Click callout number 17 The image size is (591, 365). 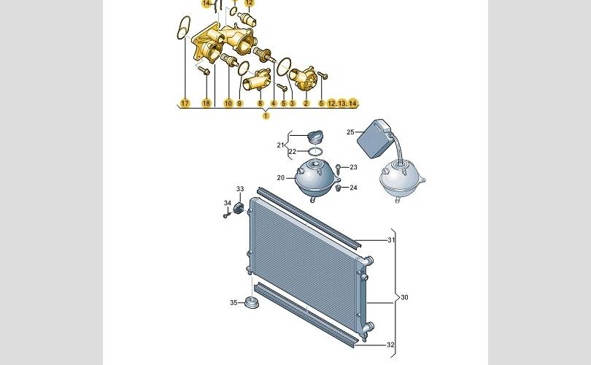tap(185, 104)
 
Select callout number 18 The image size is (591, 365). tap(206, 104)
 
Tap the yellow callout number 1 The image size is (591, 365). tap(266, 116)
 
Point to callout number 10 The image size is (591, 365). tap(228, 104)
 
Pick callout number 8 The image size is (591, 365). tap(260, 104)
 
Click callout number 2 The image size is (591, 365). tap(306, 104)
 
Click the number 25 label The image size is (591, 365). tap(350, 132)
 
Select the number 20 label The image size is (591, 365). tap(281, 177)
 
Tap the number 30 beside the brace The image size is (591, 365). tap(404, 298)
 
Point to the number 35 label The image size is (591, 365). tap(233, 302)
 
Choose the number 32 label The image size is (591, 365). tap(391, 345)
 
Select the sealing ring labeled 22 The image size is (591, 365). tap(315, 152)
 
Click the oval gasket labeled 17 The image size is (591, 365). tap(184, 28)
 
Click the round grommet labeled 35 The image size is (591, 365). tap(252, 302)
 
